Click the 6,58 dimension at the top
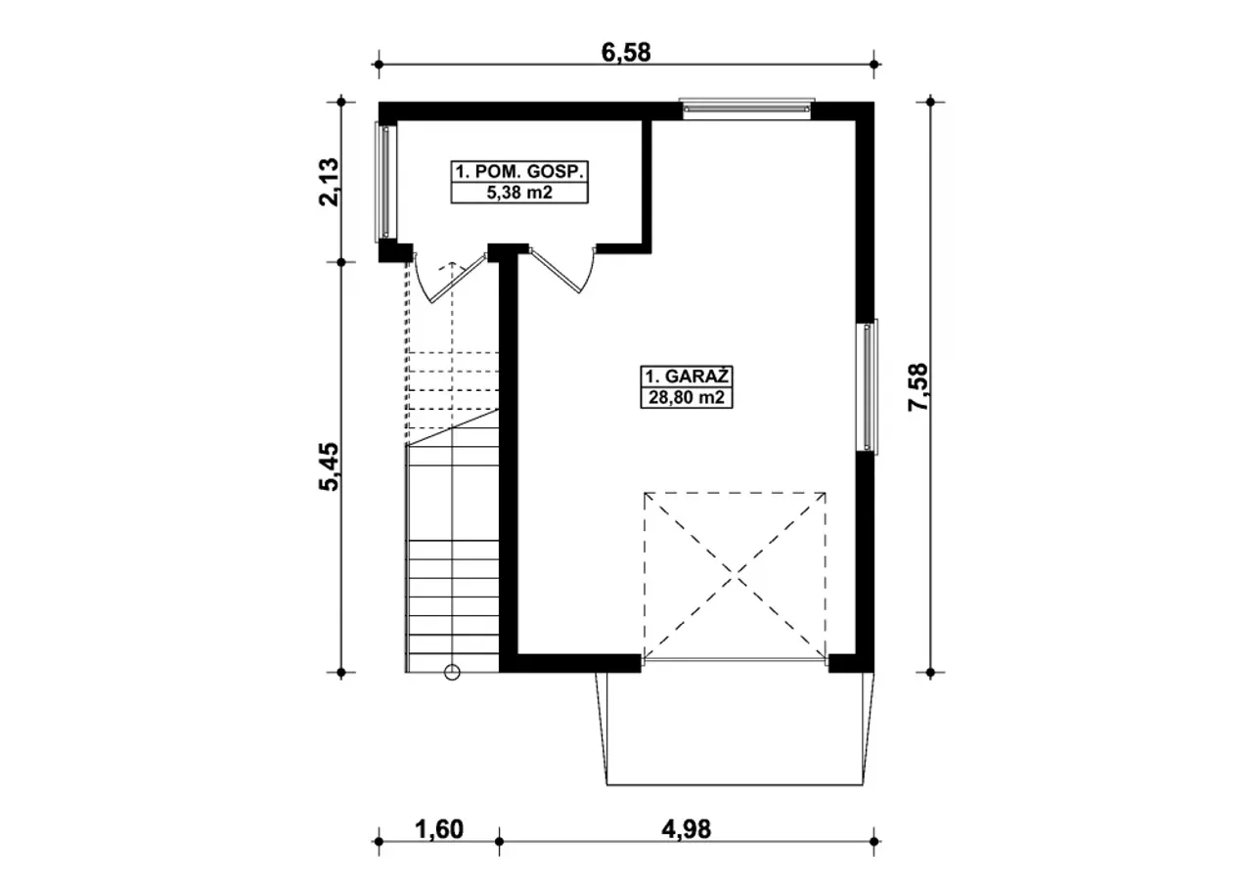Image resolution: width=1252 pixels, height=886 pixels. [626, 53]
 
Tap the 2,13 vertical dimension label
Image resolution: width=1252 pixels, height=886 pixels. [329, 182]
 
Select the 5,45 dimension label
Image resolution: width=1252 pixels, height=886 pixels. [329, 467]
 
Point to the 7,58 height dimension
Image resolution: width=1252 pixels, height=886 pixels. [917, 387]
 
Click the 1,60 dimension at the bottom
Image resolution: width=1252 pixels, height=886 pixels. [439, 829]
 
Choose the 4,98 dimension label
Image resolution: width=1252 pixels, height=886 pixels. [687, 829]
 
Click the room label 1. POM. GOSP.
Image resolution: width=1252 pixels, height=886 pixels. [519, 171]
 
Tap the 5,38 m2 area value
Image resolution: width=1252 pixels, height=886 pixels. [519, 193]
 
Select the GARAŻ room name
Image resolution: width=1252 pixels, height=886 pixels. [697, 376]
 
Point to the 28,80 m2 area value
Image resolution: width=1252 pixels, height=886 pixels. [687, 398]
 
